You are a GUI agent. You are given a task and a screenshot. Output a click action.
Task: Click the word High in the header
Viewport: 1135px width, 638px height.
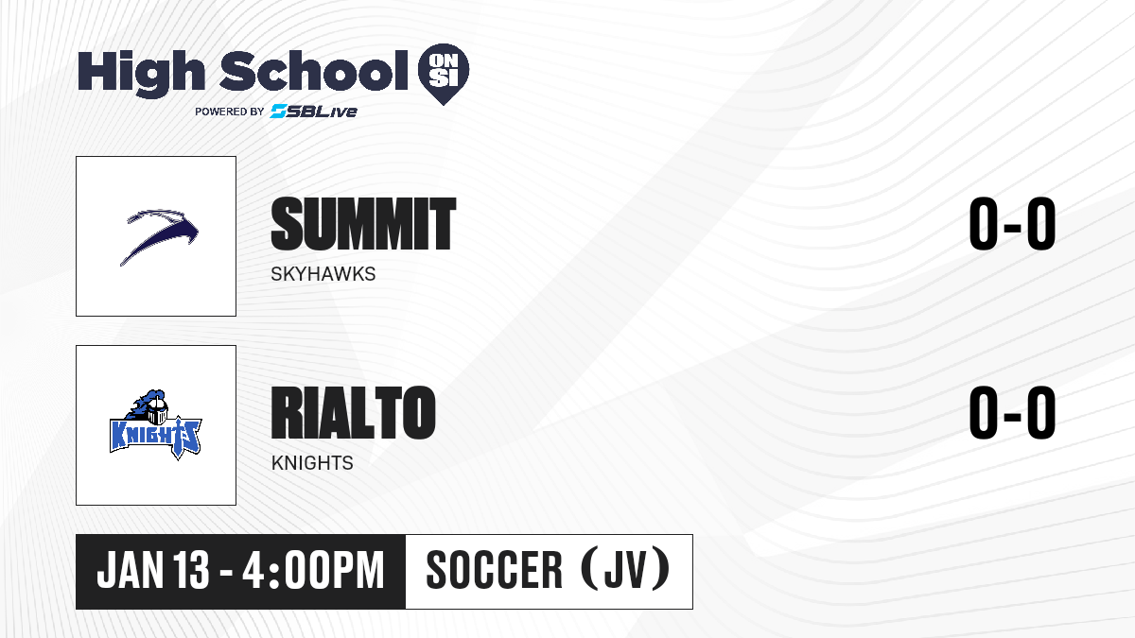[141, 74]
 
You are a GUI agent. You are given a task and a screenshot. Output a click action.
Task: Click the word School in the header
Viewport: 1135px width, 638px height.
[314, 71]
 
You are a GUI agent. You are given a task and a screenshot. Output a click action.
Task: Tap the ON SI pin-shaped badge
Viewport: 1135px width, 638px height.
[444, 74]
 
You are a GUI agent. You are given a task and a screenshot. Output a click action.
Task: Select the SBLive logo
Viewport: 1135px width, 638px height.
[313, 112]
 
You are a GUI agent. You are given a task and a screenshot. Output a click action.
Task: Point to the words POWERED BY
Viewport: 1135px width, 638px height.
[230, 112]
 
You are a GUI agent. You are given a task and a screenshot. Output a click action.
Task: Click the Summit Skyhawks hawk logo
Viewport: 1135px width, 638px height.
[159, 236]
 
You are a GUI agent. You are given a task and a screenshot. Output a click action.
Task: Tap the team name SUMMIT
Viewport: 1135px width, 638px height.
[363, 224]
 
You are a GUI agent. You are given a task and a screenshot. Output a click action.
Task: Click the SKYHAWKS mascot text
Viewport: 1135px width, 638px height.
[323, 274]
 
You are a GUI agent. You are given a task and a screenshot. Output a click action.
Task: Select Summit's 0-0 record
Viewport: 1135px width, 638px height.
[1012, 224]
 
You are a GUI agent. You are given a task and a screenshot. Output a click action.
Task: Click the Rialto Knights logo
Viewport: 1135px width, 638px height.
[156, 424]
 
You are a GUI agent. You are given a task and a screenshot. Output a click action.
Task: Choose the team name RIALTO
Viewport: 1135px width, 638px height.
[353, 413]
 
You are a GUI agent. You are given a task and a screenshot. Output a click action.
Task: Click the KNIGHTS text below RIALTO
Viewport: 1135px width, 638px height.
[312, 463]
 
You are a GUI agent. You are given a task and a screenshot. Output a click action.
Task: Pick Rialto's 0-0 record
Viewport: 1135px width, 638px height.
[1012, 413]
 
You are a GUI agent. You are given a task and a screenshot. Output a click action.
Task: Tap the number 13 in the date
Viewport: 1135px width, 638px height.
[191, 570]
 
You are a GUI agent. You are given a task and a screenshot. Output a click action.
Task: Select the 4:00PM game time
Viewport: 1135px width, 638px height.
[313, 570]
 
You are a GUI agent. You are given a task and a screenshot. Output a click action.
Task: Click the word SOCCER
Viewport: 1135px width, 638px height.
[495, 570]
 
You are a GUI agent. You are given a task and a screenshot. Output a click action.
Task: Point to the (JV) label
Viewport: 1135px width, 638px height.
[625, 569]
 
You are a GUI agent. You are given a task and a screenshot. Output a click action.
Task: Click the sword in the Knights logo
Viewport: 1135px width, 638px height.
[179, 438]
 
